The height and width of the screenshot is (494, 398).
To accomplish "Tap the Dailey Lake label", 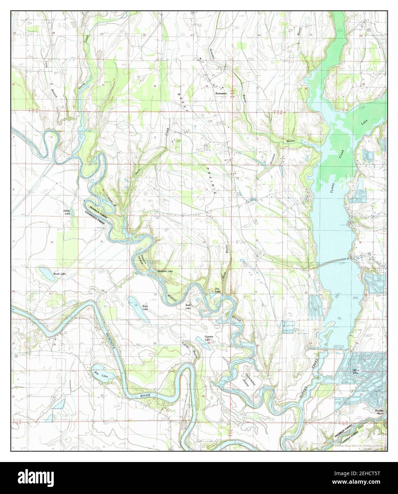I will tap(67, 212).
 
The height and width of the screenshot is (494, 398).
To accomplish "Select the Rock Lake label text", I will tap(145, 307).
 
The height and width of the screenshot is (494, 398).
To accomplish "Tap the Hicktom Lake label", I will tap(165, 272).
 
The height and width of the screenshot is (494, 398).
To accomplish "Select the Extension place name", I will tap(221, 93).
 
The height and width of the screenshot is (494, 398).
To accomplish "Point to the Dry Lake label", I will tap(217, 290).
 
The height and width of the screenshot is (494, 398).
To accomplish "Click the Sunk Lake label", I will tap(188, 307).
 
